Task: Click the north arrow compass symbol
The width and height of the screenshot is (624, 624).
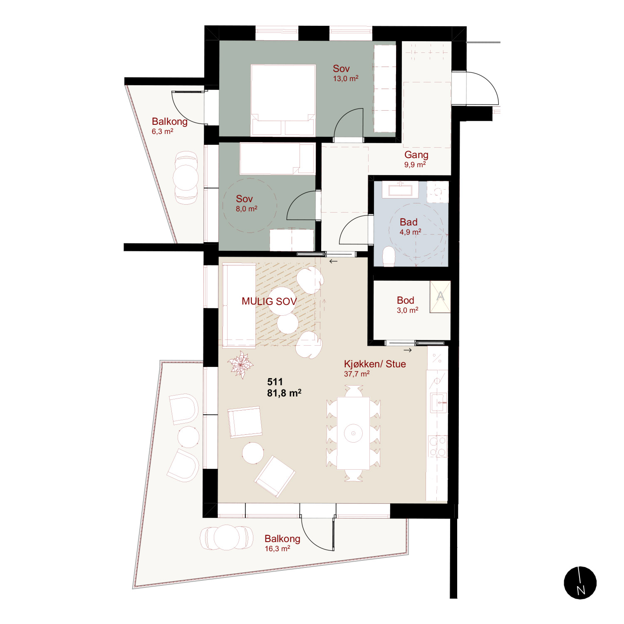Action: tap(580, 583)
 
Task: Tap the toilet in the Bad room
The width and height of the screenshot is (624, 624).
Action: tap(389, 256)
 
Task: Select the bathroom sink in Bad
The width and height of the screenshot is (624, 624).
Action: tap(400, 190)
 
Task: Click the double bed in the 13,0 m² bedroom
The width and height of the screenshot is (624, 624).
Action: tap(283, 100)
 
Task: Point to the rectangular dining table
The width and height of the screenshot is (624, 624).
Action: tap(353, 433)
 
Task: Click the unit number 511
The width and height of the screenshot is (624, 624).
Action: tap(275, 382)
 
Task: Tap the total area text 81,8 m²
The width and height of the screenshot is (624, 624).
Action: tap(284, 393)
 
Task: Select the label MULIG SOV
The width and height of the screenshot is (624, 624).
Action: tap(269, 301)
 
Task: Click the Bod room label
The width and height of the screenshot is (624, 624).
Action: tap(406, 300)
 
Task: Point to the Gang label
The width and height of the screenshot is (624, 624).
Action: tap(416, 155)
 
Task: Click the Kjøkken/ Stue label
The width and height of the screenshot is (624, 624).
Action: tap(375, 364)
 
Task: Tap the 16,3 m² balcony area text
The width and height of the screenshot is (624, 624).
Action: tap(277, 549)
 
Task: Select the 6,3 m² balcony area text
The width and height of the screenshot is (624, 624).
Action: tap(163, 131)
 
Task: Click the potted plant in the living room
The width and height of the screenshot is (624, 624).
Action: tap(240, 364)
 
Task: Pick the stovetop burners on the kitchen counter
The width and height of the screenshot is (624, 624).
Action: tap(438, 446)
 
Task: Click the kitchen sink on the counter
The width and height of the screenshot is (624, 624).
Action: tap(439, 403)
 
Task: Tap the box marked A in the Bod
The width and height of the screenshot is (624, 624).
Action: tap(440, 297)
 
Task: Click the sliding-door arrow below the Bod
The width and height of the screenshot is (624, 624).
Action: tap(408, 350)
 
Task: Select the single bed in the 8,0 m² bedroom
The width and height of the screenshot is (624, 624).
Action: tap(277, 158)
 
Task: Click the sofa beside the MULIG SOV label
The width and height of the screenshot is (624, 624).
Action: tap(239, 305)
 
